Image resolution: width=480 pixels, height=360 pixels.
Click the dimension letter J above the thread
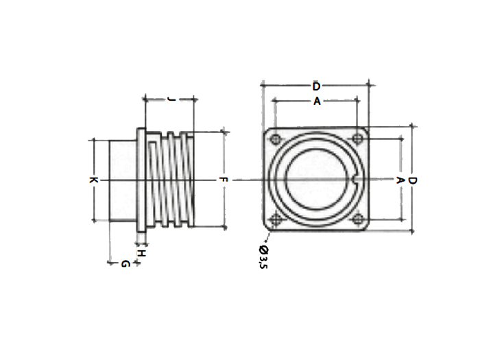(x=171, y=99)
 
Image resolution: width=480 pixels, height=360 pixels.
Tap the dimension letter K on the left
(x=93, y=180)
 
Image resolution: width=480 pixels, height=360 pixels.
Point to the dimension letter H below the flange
(x=141, y=253)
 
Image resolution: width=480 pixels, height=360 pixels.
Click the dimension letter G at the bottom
(x=124, y=263)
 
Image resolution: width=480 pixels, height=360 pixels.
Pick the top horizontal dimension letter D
(x=315, y=86)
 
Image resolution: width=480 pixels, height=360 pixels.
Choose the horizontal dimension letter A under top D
(x=316, y=101)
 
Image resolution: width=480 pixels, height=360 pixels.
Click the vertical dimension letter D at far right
(x=412, y=180)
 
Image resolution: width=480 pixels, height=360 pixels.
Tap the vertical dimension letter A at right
(x=400, y=180)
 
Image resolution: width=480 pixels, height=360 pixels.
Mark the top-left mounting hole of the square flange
(x=275, y=140)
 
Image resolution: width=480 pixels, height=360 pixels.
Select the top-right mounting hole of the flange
(x=357, y=140)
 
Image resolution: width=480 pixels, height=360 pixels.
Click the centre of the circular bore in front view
(x=316, y=180)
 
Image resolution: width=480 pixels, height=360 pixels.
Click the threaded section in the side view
(x=171, y=180)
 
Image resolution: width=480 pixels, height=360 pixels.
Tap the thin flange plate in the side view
(x=141, y=180)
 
